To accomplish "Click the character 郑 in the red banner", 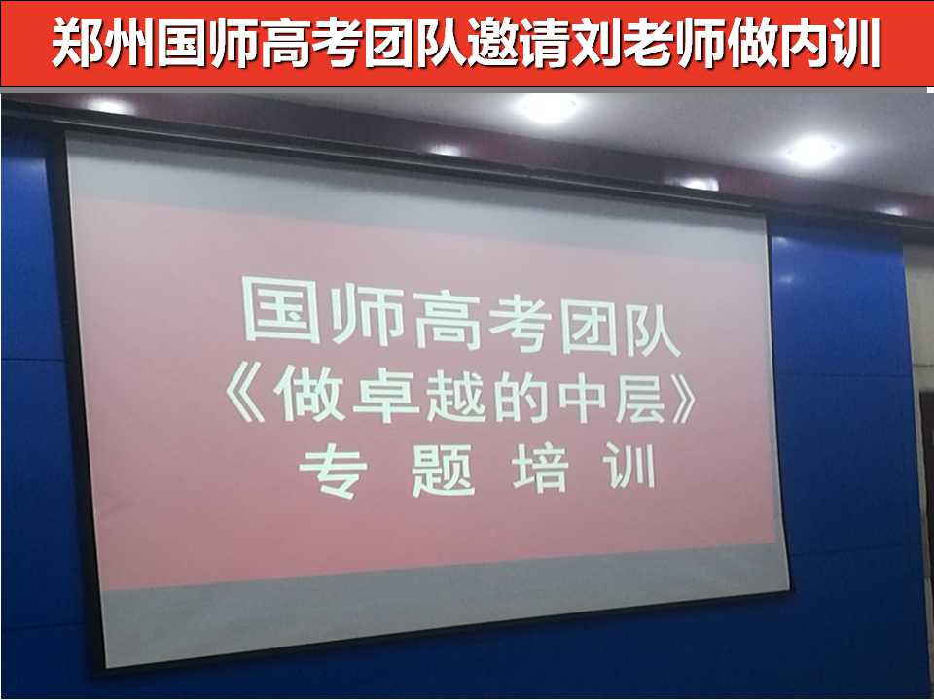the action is coord(77,43).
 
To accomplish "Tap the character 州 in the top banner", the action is coord(128,43).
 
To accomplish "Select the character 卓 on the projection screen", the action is coord(386,396).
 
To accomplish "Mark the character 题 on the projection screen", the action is coord(443,471).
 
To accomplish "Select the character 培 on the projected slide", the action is coord(540,469).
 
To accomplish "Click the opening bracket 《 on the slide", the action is coord(245,392).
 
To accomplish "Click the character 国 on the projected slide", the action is coord(282,310).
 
